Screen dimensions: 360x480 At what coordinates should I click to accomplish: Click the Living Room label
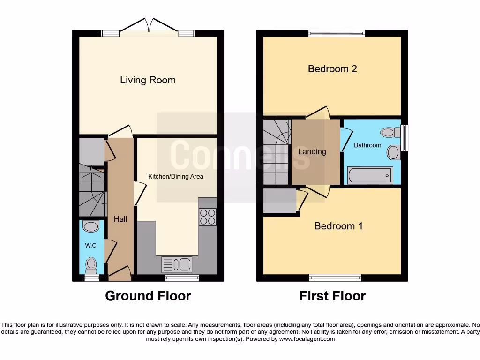(148, 80)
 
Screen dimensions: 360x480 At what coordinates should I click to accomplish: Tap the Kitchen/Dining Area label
(176, 177)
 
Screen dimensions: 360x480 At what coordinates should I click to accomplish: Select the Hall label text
(120, 219)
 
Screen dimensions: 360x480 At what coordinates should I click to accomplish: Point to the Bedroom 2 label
(332, 69)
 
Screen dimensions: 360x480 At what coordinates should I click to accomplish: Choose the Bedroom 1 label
(338, 226)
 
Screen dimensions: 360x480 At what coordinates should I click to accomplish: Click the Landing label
(312, 151)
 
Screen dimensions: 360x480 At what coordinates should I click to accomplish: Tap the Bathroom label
(367, 145)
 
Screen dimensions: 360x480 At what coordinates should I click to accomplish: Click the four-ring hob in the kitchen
(208, 217)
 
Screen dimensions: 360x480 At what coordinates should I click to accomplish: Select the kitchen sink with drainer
(177, 264)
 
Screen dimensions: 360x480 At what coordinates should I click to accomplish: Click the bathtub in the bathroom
(369, 176)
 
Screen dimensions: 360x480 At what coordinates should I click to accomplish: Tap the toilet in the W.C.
(91, 265)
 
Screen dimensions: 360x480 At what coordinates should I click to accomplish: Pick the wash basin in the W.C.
(90, 227)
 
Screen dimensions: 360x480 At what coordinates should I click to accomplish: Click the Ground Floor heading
(148, 296)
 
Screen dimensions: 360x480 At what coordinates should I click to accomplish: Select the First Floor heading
(332, 296)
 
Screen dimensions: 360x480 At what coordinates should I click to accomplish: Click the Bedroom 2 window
(337, 33)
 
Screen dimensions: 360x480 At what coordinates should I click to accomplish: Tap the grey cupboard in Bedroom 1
(279, 201)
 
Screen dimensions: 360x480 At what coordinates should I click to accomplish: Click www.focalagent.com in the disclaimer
(307, 339)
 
